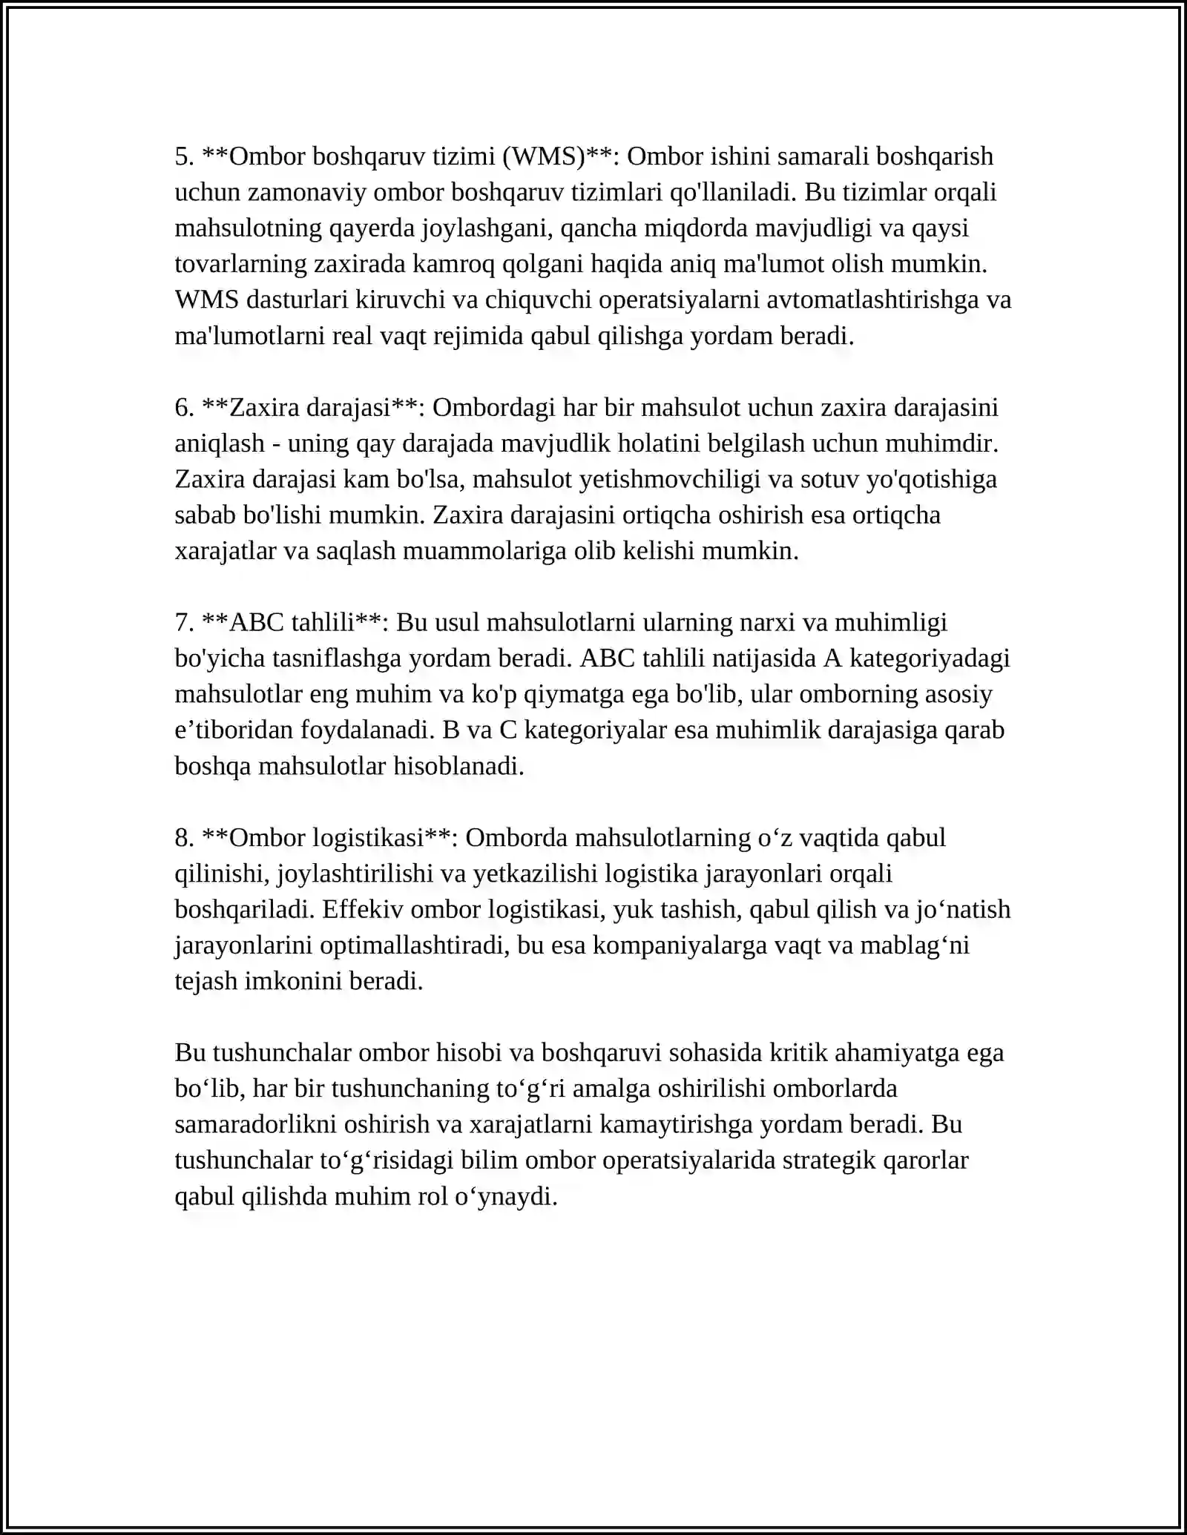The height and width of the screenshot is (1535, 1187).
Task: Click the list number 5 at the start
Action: pyautogui.click(x=184, y=156)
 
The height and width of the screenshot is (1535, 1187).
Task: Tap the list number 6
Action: pyautogui.click(x=184, y=407)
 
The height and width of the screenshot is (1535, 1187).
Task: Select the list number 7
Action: pyautogui.click(x=184, y=622)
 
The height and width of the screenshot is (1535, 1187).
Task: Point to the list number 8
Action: pyautogui.click(x=184, y=837)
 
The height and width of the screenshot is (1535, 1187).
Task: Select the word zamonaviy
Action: pyautogui.click(x=307, y=192)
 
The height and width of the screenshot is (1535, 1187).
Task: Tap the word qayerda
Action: pyautogui.click(x=372, y=228)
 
